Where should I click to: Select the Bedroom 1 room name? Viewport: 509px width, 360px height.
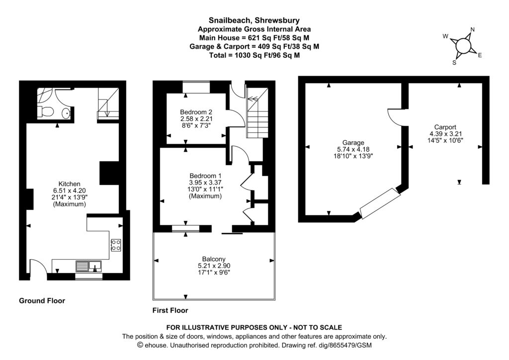(205, 176)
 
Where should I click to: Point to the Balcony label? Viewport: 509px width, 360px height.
(214, 259)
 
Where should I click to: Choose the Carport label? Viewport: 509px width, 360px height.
(445, 127)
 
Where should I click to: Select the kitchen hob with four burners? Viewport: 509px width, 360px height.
(116, 244)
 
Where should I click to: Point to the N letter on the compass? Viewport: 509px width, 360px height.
(472, 30)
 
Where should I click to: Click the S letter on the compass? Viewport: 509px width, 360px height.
(454, 63)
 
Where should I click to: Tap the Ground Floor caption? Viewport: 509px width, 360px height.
(42, 301)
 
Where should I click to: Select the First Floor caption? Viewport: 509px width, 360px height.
(170, 311)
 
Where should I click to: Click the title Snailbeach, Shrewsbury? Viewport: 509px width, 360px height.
(254, 20)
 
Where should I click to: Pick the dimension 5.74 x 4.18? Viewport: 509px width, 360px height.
(353, 149)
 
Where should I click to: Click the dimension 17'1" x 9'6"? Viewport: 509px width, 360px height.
(214, 272)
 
